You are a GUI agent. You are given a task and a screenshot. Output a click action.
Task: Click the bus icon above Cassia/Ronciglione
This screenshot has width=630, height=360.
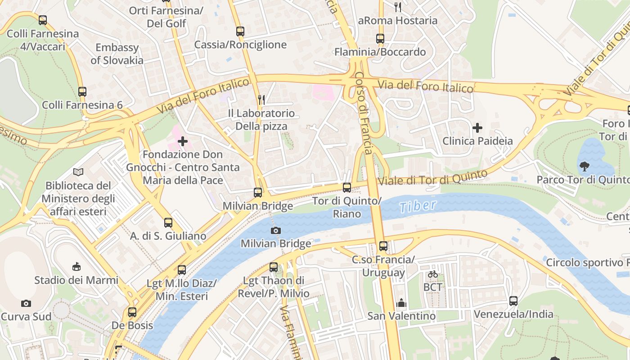click(240, 31)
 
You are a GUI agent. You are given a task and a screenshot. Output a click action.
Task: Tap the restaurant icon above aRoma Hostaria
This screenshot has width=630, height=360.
click(397, 7)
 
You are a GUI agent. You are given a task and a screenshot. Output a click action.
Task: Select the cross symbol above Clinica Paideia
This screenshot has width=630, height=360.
click(477, 128)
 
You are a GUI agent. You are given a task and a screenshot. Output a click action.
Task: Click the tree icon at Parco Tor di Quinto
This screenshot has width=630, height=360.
click(585, 166)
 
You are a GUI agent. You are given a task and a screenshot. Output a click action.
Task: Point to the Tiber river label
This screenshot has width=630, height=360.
click(418, 206)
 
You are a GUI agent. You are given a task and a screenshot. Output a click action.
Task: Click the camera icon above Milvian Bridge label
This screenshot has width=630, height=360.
click(276, 230)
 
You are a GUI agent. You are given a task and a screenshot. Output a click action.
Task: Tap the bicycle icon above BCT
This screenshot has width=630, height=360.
click(433, 274)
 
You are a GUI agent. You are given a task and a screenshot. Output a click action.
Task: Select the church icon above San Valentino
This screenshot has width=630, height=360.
click(401, 303)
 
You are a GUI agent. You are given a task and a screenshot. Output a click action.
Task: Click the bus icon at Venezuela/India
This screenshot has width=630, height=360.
click(513, 301)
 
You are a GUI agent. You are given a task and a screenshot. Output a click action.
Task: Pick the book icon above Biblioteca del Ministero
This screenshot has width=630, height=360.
click(78, 172)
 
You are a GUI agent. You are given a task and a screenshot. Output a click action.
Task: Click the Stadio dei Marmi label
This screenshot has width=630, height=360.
click(76, 280)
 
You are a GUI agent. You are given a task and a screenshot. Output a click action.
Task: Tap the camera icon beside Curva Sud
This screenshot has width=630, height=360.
click(26, 303)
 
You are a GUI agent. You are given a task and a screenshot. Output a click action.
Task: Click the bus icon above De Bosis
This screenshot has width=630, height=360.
click(132, 312)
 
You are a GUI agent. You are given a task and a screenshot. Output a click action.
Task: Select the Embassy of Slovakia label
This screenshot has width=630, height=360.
click(117, 54)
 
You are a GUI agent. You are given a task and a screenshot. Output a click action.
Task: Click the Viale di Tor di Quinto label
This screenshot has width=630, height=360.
click(432, 178)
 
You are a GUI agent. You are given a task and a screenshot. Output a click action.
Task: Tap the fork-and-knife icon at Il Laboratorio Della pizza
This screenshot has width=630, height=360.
click(261, 99)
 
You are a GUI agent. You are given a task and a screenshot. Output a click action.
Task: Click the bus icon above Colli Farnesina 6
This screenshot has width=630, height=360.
click(82, 91)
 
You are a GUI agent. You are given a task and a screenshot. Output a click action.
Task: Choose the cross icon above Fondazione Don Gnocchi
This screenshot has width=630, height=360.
click(183, 141)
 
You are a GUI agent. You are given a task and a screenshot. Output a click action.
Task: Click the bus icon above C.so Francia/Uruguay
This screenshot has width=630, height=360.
click(383, 246)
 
